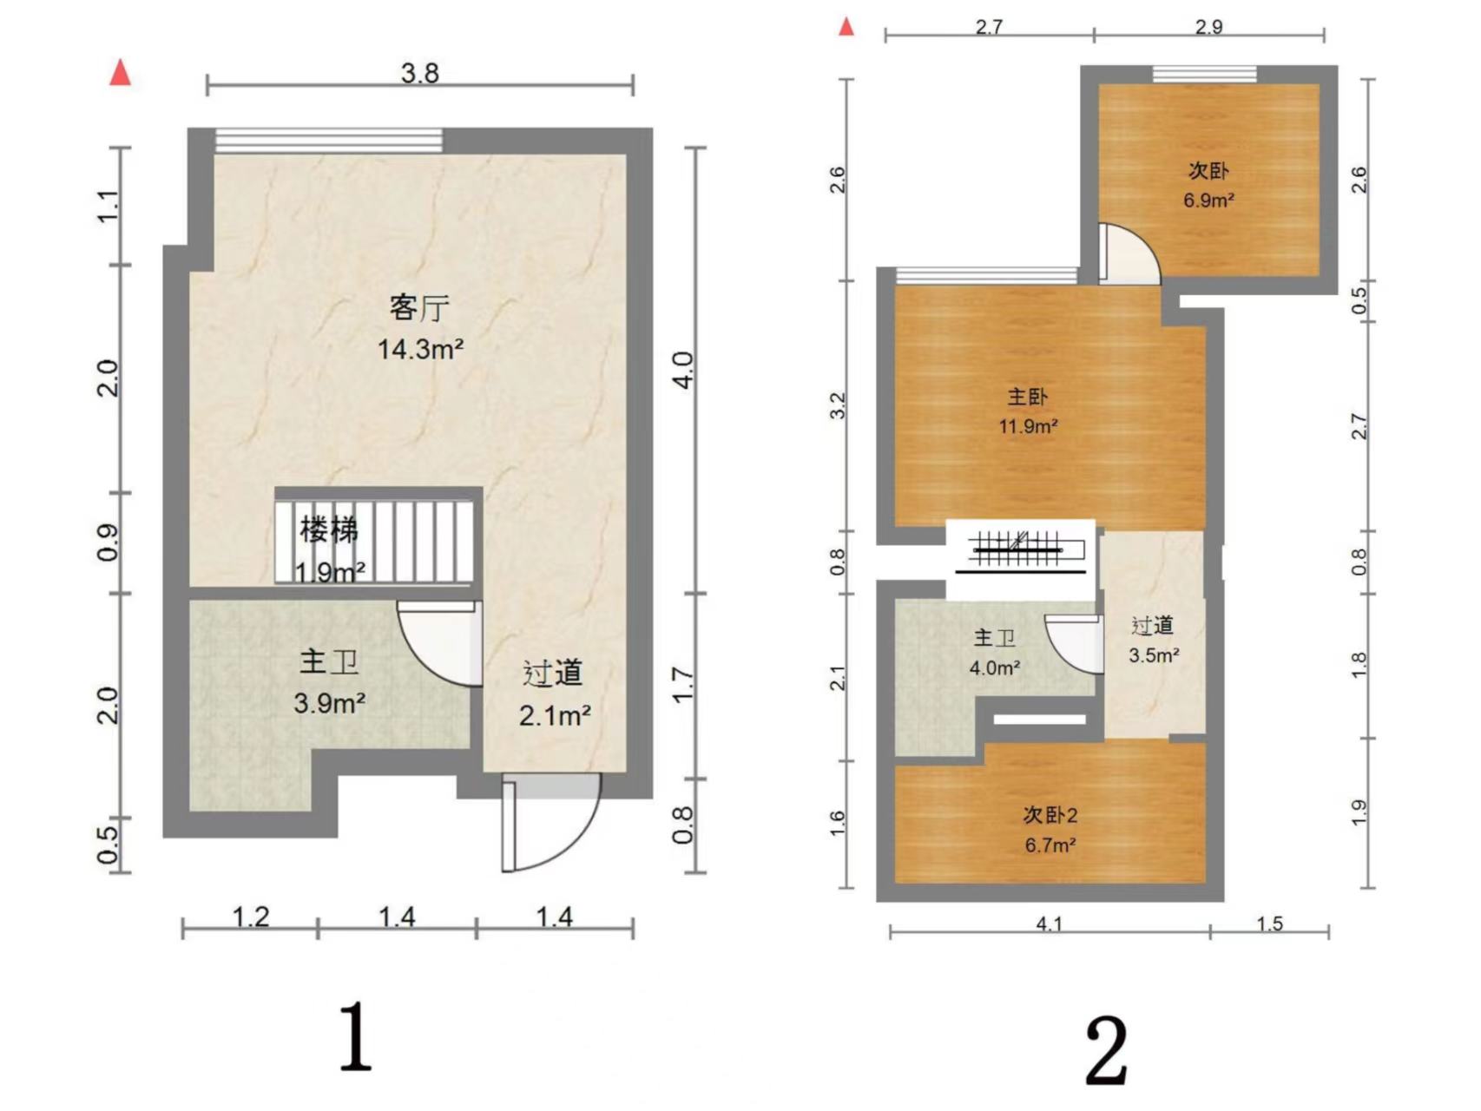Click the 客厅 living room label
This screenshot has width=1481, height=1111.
pos(419,308)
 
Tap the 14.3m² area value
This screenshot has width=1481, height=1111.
pos(420,349)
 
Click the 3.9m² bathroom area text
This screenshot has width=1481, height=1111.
pos(329,702)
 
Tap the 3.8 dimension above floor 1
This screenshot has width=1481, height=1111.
pos(419,73)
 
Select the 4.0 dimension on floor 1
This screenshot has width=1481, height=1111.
pos(683,370)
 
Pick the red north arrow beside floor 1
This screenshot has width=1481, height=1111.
pos(120,73)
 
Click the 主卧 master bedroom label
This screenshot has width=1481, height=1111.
pos(1028,397)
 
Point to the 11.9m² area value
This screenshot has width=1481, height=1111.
pos(1028,426)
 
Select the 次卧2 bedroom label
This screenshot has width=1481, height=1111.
pos(1050,815)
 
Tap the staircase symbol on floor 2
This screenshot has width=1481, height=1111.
pos(1020,552)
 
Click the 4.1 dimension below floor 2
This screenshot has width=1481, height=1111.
pos(1049,923)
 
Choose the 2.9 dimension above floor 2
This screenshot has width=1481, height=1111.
pos(1208,27)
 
